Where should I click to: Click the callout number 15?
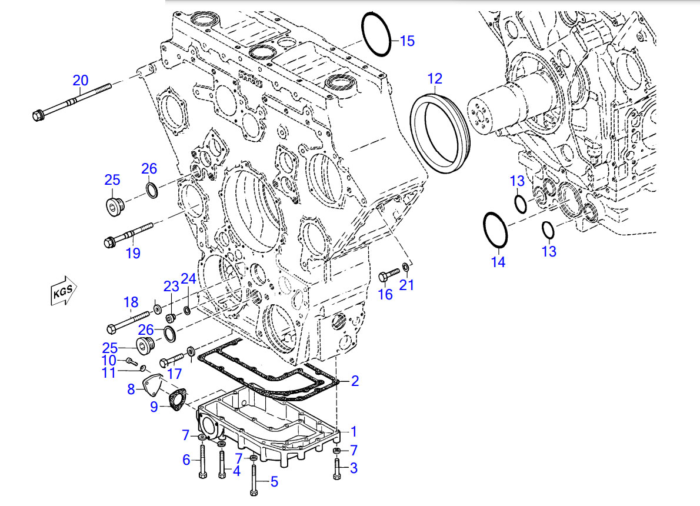(x=407, y=41)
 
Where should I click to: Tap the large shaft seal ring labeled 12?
(x=440, y=131)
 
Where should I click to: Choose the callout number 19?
(x=133, y=253)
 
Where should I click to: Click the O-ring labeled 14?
(x=495, y=231)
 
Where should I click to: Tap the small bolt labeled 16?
(x=389, y=274)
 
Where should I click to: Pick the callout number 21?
(x=406, y=285)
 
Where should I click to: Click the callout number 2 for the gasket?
(x=355, y=381)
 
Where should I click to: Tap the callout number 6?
(x=186, y=460)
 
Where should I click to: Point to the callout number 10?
(x=109, y=359)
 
